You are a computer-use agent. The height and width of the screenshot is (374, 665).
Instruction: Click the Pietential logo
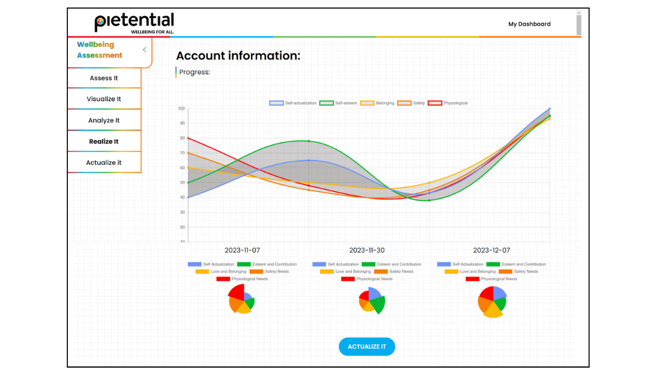(134, 23)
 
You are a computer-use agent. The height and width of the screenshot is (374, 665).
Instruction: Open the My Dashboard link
(529, 24)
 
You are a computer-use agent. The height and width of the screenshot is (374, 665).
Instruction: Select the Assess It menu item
(104, 78)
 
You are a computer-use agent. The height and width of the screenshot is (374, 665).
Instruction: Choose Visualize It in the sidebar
(104, 99)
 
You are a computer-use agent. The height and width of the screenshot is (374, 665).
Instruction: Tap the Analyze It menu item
(104, 121)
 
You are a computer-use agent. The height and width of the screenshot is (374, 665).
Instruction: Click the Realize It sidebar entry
(104, 142)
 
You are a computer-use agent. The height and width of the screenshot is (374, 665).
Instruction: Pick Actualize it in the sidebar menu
(104, 163)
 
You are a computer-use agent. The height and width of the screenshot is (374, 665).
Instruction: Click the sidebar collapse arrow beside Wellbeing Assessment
(145, 50)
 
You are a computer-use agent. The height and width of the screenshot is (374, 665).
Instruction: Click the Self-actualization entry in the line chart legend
(293, 103)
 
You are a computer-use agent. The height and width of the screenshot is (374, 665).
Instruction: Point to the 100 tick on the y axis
(182, 109)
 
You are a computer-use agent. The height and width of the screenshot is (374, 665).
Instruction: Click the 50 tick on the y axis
(182, 182)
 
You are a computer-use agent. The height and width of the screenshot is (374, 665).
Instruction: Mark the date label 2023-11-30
(366, 250)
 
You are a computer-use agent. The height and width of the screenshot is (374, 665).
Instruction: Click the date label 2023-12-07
(491, 250)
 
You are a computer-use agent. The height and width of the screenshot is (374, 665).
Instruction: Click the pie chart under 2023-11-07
(242, 299)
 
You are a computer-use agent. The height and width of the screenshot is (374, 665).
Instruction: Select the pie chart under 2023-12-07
(492, 301)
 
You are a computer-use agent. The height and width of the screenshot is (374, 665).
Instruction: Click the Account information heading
(238, 56)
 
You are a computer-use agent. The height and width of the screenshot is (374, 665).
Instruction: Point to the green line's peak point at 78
(308, 141)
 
